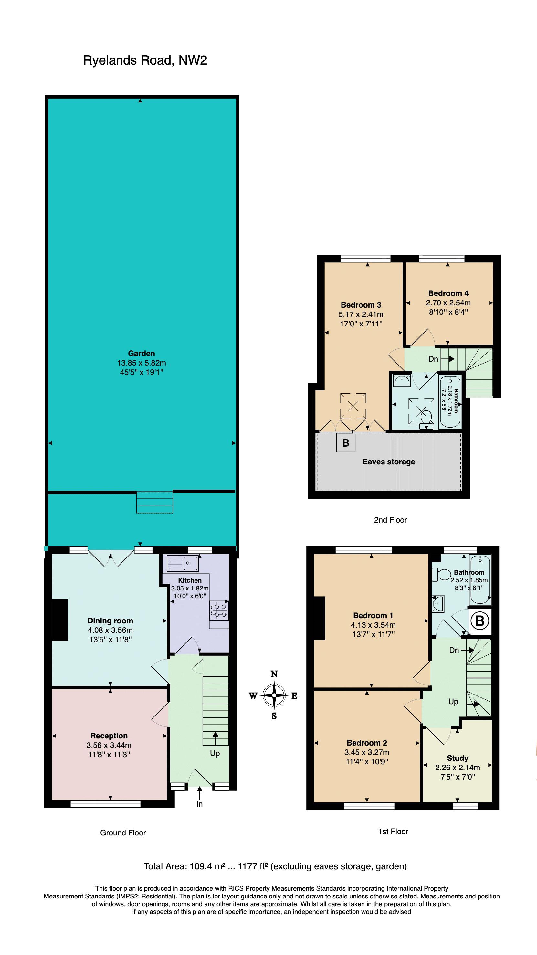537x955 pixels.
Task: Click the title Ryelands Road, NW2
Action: point(145,60)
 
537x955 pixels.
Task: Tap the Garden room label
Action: point(141,353)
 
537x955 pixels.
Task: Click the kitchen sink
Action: point(183,563)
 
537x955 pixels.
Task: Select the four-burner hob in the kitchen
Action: point(219,610)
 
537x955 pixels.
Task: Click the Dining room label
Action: point(110,621)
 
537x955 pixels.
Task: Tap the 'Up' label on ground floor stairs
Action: point(215,753)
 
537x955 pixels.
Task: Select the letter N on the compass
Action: point(274,674)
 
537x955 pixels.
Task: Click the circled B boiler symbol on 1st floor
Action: point(479,620)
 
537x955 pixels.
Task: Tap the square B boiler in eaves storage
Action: point(346,443)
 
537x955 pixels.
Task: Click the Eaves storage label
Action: point(389,462)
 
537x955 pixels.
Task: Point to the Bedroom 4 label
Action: point(448,293)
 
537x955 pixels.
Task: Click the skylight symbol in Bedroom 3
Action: point(353,406)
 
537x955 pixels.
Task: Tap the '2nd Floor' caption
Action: point(390,520)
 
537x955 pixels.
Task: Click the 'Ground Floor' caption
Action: point(123,833)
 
